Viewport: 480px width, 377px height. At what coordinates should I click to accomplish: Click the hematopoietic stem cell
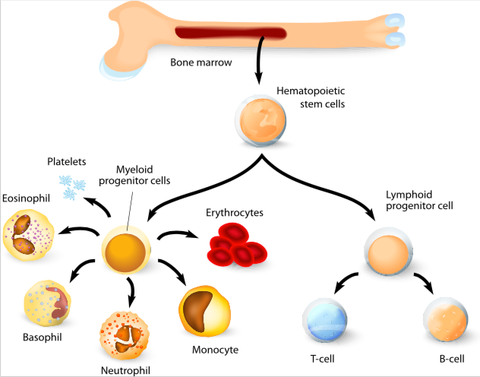(261, 120)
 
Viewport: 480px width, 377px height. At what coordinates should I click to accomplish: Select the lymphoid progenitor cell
(388, 251)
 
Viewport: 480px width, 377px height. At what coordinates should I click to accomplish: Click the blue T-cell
(325, 320)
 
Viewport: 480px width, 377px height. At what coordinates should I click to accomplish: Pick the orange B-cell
(446, 319)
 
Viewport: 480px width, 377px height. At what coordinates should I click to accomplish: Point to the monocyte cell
(204, 311)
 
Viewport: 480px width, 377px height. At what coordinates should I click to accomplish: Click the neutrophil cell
(125, 336)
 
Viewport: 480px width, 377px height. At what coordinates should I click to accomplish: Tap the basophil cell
(47, 304)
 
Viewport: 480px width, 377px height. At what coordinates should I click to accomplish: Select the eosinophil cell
(28, 235)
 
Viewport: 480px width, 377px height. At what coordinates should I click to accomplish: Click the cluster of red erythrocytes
(237, 245)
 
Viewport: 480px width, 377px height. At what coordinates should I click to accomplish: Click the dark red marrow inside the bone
(231, 33)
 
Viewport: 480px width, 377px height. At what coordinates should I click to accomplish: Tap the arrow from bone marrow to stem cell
(260, 60)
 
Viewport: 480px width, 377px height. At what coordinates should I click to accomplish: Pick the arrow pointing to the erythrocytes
(178, 234)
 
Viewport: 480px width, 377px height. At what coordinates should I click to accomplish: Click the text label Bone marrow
(201, 62)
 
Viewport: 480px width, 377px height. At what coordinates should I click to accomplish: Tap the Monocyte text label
(215, 350)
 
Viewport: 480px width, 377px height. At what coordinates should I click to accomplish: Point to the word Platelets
(66, 161)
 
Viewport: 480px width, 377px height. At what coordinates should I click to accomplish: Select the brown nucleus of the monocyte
(198, 311)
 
